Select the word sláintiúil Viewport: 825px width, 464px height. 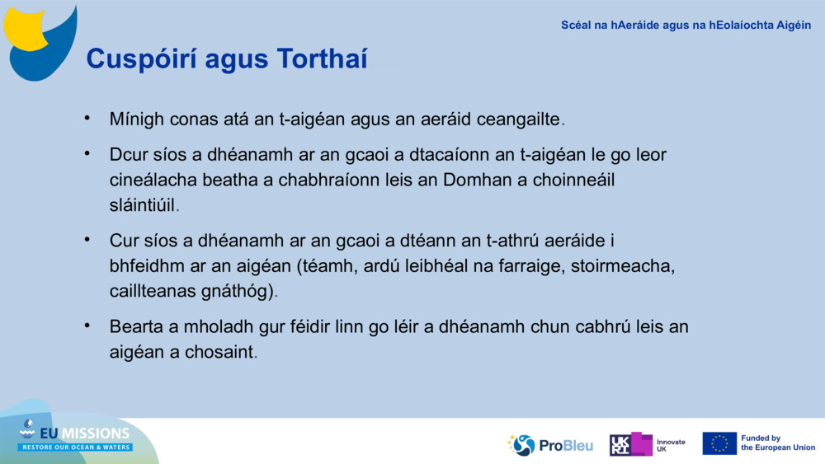pyautogui.click(x=142, y=204)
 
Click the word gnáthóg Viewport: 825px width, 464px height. pyautogui.click(x=241, y=291)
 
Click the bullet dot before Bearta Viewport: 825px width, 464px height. pyautogui.click(x=87, y=326)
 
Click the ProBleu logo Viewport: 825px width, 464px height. pyautogui.click(x=550, y=445)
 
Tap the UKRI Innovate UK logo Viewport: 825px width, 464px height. pyautogui.click(x=647, y=445)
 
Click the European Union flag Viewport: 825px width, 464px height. pyautogui.click(x=719, y=443)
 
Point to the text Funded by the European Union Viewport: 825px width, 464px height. pyautogui.click(x=777, y=443)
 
